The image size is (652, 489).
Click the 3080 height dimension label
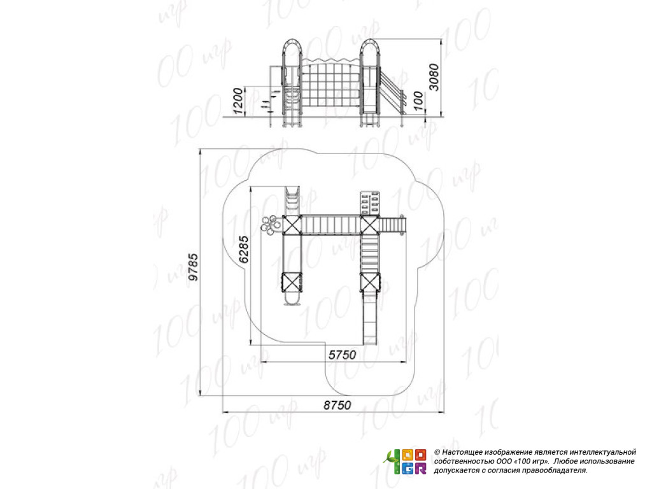coord(434,77)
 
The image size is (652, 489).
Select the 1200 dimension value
coord(237,101)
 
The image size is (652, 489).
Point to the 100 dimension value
coord(419,101)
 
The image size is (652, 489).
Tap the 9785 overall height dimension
coord(193,267)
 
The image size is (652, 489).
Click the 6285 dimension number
coord(243,250)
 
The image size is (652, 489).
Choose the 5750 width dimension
coord(342,355)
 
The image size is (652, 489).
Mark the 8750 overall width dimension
coord(337,405)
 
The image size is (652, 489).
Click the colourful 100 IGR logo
coord(406,462)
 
